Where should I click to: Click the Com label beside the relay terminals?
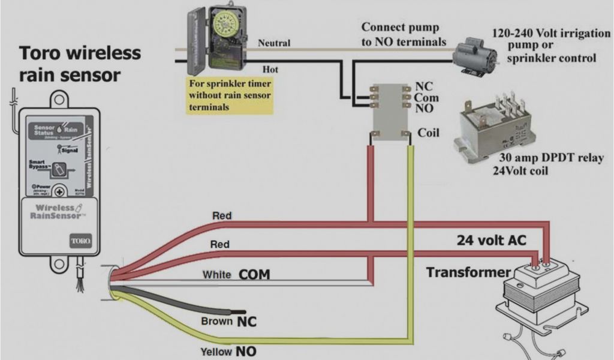(x=426, y=98)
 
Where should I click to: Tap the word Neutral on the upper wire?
(x=274, y=43)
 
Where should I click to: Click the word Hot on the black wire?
(x=270, y=70)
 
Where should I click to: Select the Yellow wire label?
(x=215, y=350)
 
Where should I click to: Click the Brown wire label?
(x=216, y=322)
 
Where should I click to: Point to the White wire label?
(x=217, y=275)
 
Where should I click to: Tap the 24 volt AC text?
(x=491, y=241)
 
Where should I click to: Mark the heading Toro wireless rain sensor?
(x=80, y=64)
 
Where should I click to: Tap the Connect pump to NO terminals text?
(x=404, y=34)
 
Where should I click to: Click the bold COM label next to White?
(x=254, y=275)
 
